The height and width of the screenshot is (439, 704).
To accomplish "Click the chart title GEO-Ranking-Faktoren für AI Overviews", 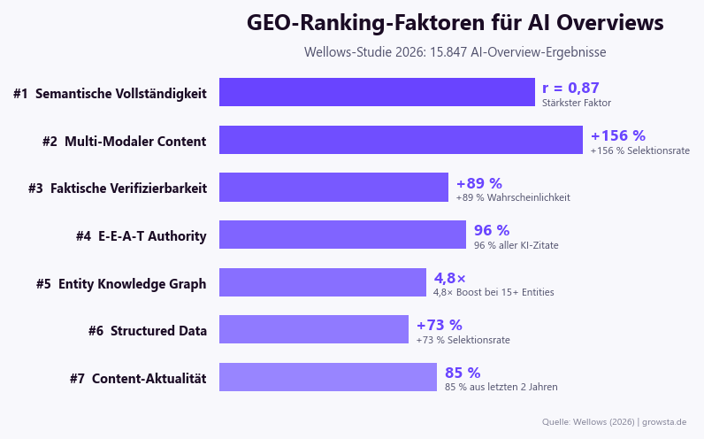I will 455,23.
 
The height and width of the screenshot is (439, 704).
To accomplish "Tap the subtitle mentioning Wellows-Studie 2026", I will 455,52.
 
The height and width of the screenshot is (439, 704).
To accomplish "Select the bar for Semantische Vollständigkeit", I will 377,92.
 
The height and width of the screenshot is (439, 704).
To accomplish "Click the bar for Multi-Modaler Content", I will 401,140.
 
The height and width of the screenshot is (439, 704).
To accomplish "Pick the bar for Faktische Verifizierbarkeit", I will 333,187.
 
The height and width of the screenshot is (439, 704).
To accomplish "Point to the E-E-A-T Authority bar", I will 342,235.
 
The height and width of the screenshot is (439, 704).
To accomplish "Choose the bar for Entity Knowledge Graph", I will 323,282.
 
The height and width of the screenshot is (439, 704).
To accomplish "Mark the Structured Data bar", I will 314,329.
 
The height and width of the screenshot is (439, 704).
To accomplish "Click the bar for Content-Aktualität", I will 328,377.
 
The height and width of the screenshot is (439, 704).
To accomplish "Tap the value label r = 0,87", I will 570,88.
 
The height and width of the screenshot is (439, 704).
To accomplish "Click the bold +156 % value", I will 617,135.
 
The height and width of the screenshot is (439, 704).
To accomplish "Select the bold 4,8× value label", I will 449,278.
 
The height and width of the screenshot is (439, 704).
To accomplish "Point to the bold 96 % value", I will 492,230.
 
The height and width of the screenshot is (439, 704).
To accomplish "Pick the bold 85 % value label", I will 463,373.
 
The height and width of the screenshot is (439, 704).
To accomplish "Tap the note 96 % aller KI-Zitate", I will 516,245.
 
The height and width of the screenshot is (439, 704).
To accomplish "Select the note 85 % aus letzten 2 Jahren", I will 501,387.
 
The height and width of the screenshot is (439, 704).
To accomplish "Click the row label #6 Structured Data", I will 148,330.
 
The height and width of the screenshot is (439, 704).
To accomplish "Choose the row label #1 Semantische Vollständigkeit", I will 110,93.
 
